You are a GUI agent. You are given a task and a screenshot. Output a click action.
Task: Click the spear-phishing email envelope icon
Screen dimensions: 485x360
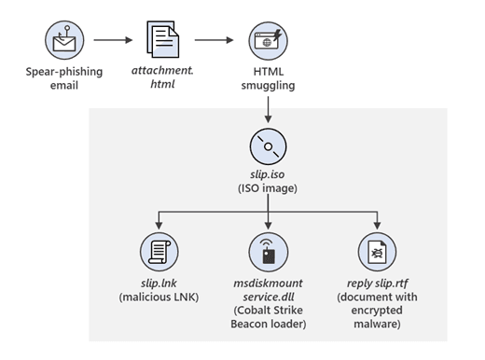[64, 40]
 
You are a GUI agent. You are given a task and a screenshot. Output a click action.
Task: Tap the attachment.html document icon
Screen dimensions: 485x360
[163, 39]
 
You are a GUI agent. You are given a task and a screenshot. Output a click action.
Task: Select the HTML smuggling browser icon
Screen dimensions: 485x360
[268, 40]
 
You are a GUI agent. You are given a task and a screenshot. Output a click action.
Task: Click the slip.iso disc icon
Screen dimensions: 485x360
[268, 146]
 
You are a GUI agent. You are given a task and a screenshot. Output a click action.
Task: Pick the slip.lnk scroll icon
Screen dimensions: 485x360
[159, 252]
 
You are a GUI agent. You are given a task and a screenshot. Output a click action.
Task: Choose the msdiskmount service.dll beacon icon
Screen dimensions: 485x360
[269, 252]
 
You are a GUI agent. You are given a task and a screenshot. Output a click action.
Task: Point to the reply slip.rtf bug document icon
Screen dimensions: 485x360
[377, 252]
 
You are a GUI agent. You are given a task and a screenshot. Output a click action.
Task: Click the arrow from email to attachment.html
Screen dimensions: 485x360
[113, 40]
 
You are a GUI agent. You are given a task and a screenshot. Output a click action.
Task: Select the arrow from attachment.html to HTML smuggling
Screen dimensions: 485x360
[214, 40]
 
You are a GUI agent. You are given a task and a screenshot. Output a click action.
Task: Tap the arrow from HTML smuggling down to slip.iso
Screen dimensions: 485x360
[268, 109]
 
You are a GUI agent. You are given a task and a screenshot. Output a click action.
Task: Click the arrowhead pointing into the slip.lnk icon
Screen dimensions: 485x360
[159, 226]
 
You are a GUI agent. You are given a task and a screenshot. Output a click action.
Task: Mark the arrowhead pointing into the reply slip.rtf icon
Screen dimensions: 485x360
[377, 226]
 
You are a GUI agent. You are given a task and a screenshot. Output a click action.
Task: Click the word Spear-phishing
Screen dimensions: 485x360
[64, 72]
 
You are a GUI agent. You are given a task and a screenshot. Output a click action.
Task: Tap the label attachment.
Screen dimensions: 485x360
[162, 71]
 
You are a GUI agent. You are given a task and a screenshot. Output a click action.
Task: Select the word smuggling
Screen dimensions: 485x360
[268, 86]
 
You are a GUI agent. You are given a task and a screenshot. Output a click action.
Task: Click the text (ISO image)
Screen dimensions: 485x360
[268, 188]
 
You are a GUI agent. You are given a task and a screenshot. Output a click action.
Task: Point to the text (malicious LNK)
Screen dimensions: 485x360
[159, 297]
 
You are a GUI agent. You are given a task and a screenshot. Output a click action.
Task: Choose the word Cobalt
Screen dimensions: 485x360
[254, 311]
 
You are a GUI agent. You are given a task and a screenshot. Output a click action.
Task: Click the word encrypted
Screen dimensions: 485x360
[377, 311]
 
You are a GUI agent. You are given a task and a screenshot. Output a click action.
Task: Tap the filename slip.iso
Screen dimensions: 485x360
[268, 174]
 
